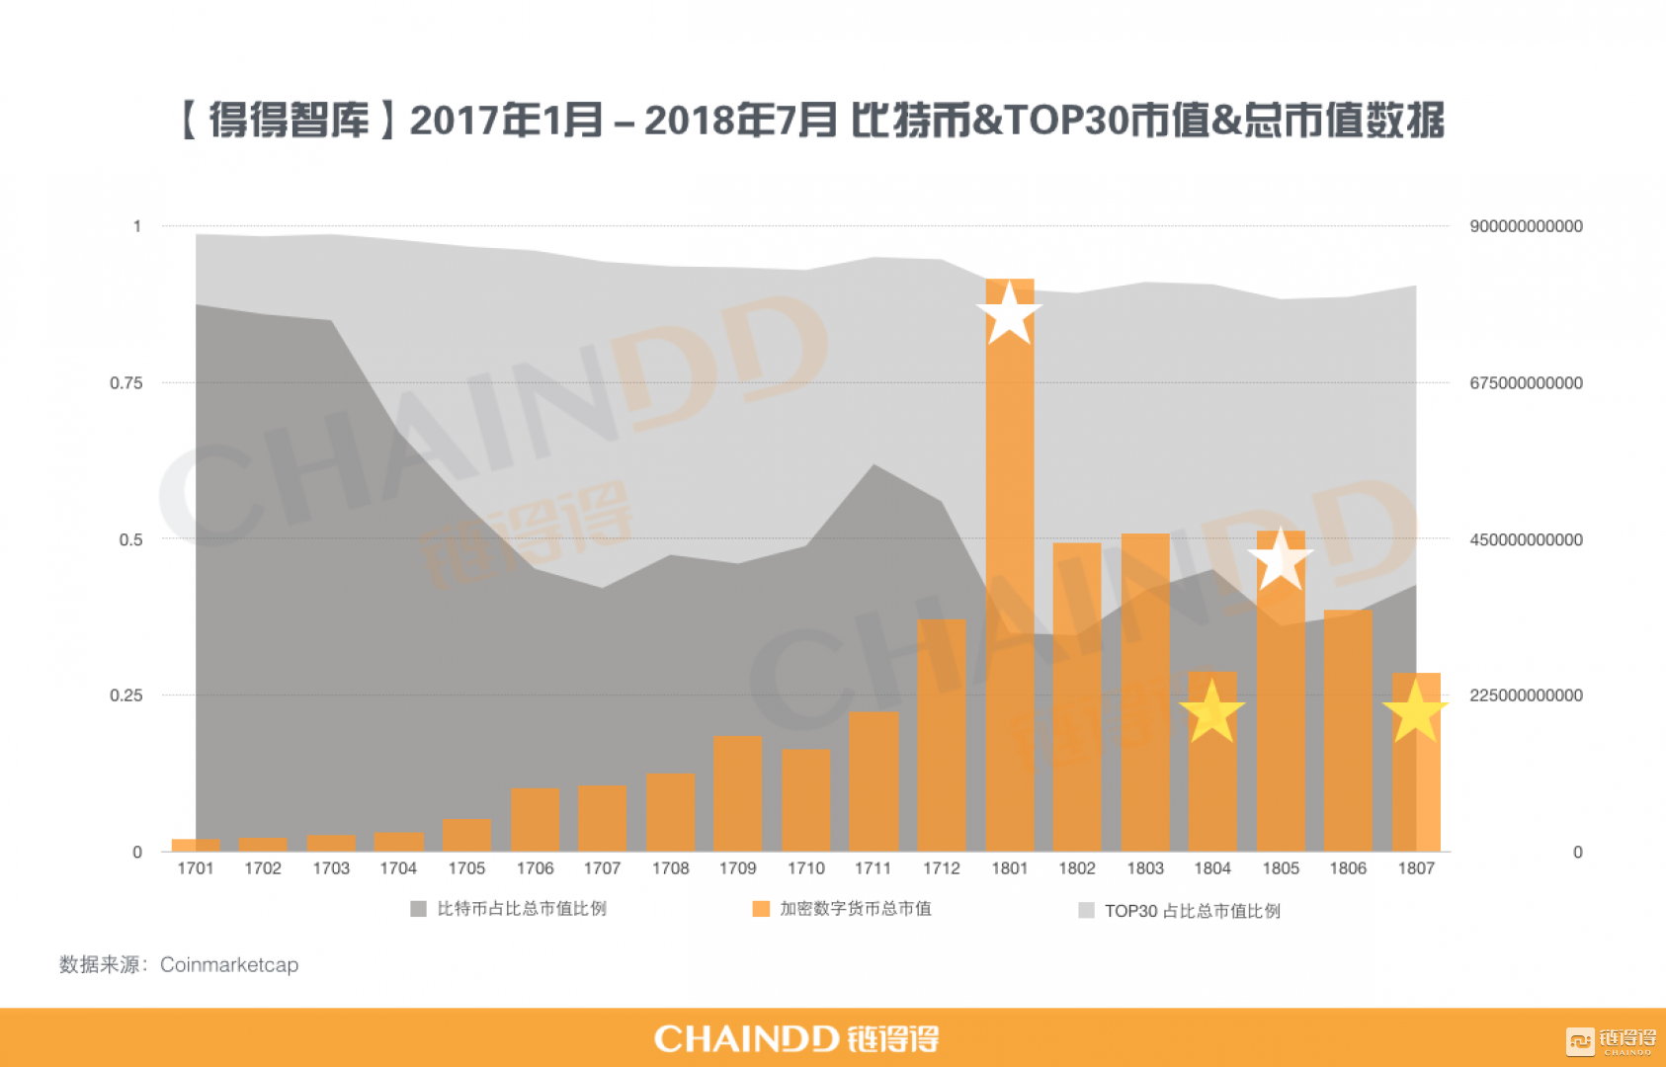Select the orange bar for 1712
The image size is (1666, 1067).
(941, 736)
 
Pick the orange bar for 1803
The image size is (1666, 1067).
(1145, 692)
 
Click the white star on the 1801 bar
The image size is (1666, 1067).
(1009, 314)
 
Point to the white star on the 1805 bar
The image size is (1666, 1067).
(1281, 559)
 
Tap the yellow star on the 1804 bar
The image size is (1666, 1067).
(1212, 712)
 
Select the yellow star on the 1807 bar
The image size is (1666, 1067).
(1415, 712)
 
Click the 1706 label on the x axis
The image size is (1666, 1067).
(535, 868)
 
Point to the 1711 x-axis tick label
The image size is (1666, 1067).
(873, 868)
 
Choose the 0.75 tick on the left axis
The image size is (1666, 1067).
(125, 383)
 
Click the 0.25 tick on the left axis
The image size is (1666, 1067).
(125, 696)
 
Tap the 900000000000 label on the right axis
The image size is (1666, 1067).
(1526, 226)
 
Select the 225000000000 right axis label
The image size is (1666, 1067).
(1526, 696)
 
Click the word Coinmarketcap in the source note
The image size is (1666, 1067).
(229, 965)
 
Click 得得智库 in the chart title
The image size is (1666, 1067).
(290, 121)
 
